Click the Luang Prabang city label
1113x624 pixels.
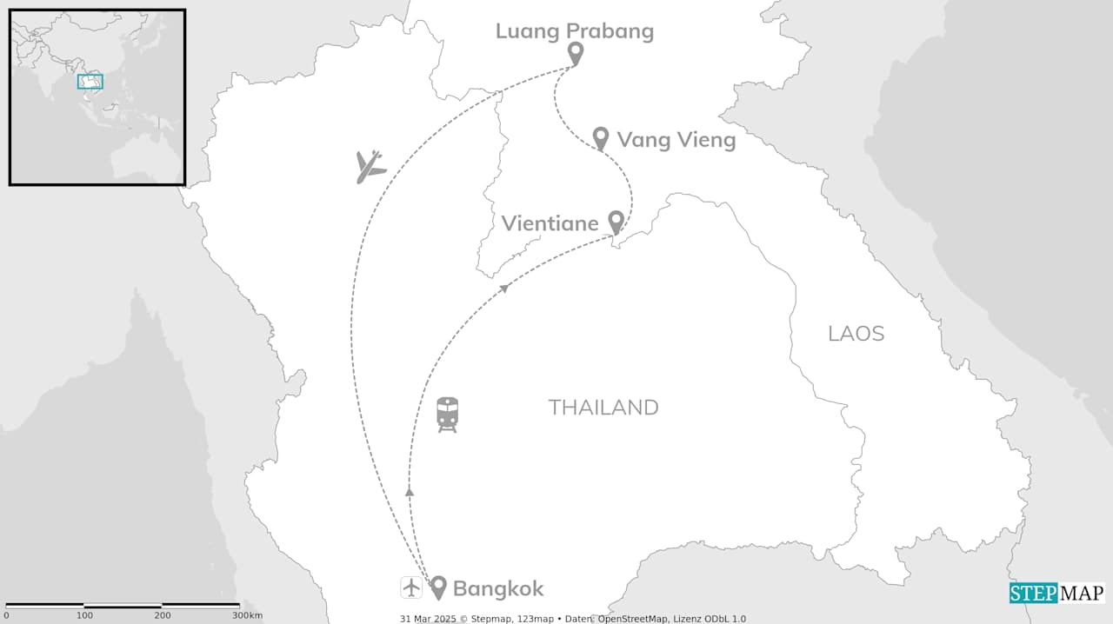coord(574,31)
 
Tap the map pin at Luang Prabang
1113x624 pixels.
coord(575,53)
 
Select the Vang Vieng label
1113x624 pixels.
coord(676,139)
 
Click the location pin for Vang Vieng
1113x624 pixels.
coord(600,137)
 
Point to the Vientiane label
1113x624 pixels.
coord(550,223)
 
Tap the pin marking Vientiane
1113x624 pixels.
coord(616,222)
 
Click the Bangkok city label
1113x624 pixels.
coord(498,588)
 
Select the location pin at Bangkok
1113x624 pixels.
coord(438,587)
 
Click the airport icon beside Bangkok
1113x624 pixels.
coord(411,587)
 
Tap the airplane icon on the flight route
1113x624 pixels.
coord(370,166)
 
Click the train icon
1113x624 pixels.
coord(447,415)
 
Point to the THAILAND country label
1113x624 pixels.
coord(603,408)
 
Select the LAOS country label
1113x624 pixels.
coord(856,334)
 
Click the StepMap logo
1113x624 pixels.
coord(1056,593)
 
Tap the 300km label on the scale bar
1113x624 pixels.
coord(247,615)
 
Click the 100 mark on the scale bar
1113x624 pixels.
coord(84,615)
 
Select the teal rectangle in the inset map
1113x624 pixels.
coord(90,82)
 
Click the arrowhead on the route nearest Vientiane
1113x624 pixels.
coord(504,288)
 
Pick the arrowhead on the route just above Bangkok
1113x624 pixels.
coord(410,492)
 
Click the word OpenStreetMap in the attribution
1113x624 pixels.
coord(632,619)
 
